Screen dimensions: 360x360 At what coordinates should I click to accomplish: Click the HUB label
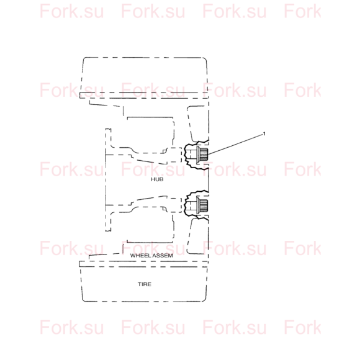tap(157, 179)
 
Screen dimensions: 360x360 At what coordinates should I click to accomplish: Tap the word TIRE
tap(145, 284)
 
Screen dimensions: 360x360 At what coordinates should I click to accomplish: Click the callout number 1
tap(264, 133)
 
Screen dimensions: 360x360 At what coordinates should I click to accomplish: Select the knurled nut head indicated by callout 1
tap(204, 155)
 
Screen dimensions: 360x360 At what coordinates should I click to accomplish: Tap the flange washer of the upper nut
tap(198, 155)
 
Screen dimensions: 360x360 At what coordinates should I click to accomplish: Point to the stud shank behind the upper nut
tap(191, 155)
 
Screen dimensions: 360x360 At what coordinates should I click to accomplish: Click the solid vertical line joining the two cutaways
tap(209, 180)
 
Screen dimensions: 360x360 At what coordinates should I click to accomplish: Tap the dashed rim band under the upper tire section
tap(144, 96)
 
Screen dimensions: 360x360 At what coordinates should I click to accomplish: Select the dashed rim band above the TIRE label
tap(143, 264)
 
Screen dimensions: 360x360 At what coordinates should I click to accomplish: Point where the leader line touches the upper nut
tap(208, 155)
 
